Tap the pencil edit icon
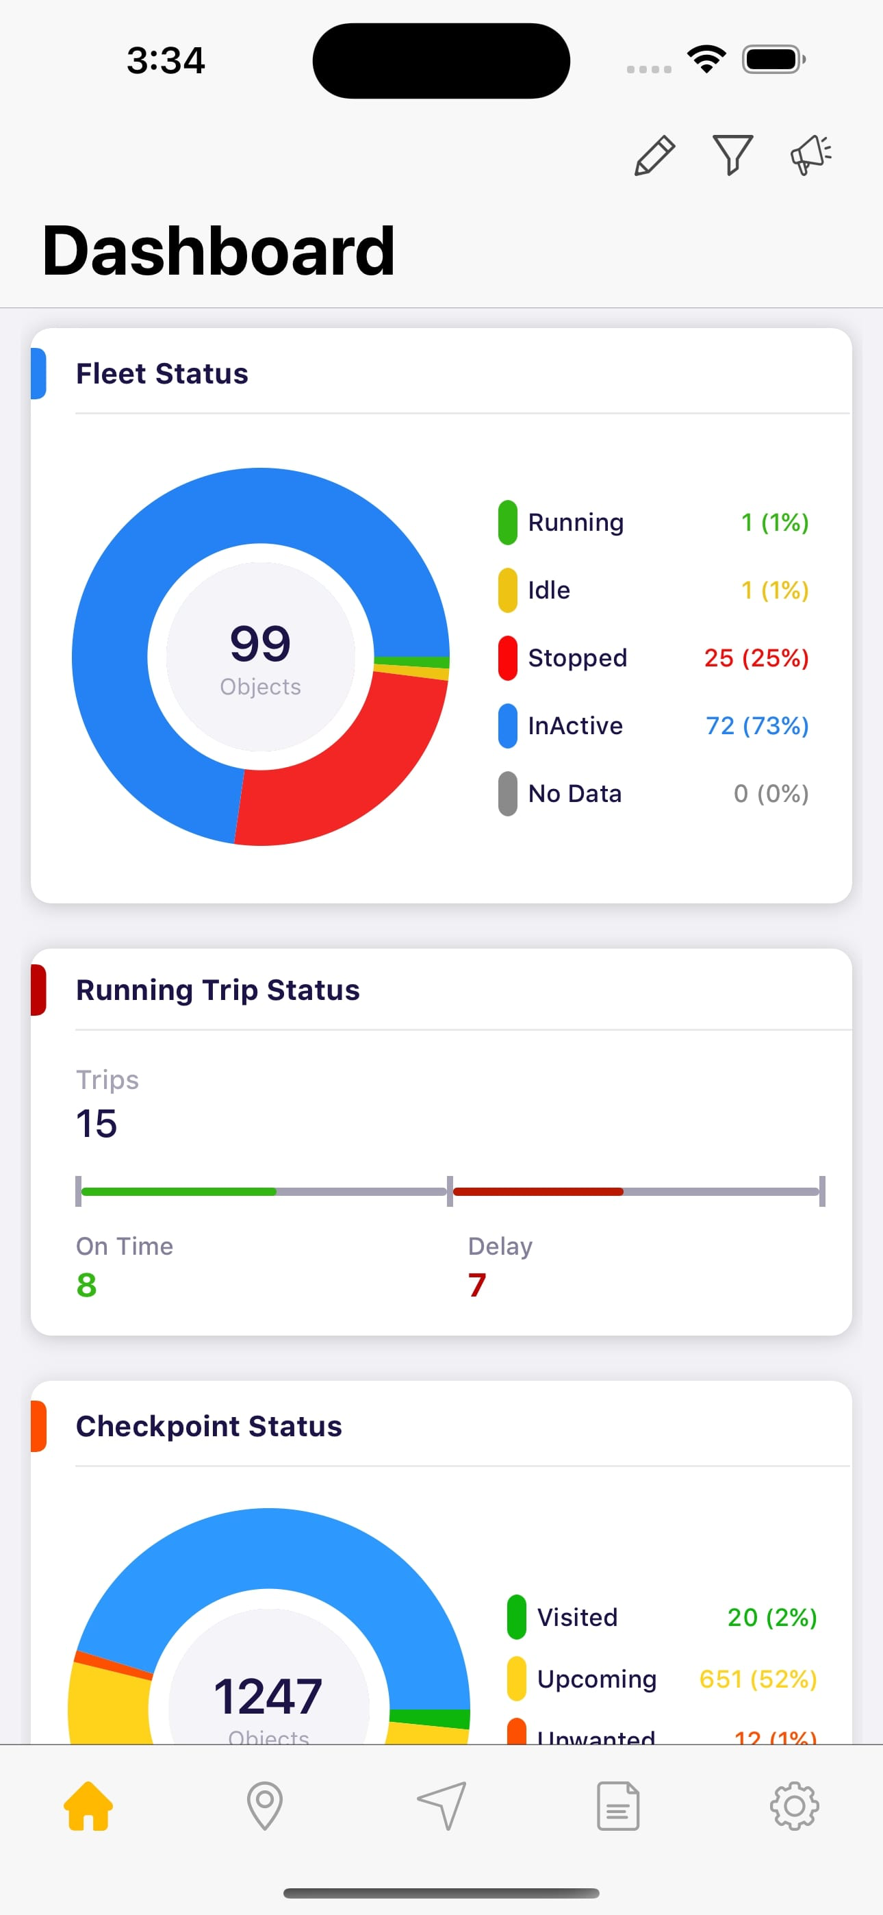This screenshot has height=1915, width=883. point(654,155)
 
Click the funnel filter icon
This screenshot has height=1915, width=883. point(733,155)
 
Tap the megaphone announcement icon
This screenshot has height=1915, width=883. point(810,155)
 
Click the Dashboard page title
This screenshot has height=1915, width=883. point(218,251)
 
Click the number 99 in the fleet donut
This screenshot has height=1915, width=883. point(260,644)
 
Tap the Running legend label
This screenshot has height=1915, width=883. point(575,523)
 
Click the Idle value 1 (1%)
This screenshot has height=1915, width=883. point(774,590)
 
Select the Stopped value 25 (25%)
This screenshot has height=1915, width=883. point(756,658)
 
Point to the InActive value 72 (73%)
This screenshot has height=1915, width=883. point(756,725)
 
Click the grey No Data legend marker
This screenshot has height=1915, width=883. point(508,793)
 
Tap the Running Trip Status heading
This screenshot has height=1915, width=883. point(218,990)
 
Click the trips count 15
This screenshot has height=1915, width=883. point(97,1123)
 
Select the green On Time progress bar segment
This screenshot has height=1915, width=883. point(179,1192)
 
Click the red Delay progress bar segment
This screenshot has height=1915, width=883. point(538,1192)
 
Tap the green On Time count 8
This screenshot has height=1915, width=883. point(86,1285)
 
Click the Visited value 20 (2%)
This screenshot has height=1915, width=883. point(771,1618)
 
